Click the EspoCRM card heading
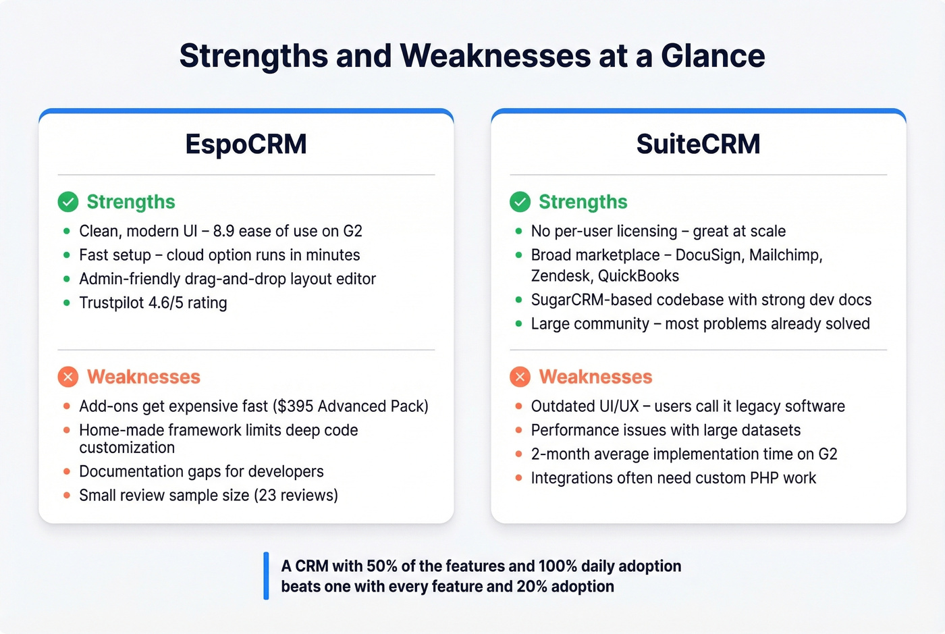[246, 144]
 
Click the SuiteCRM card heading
[698, 144]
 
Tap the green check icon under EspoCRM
[68, 202]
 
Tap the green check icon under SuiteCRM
[520, 202]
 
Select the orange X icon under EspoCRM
[68, 377]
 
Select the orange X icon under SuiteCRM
[520, 377]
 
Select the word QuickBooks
[638, 276]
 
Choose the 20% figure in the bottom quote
[532, 587]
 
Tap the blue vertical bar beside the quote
[266, 576]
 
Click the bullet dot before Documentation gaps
[66, 471]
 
